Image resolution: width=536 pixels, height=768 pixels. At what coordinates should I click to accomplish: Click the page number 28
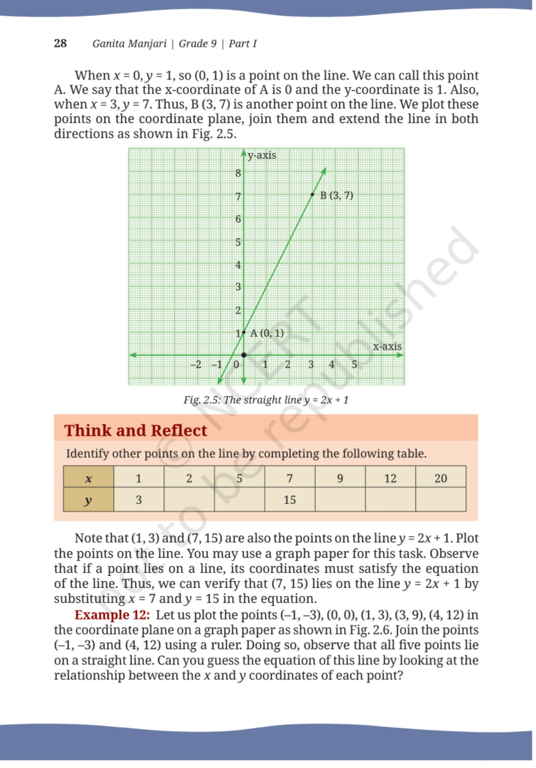coord(60,43)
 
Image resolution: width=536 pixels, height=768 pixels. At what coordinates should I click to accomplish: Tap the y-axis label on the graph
coord(262,155)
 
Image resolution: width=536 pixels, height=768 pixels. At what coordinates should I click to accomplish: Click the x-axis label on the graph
coord(387,346)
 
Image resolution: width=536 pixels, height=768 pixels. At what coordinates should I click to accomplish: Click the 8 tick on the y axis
coord(238,173)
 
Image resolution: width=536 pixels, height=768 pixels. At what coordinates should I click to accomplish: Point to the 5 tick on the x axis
coord(354,364)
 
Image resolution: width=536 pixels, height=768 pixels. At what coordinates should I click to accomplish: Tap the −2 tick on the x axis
coord(195,364)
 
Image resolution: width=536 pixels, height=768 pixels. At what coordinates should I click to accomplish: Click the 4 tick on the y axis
coord(238,265)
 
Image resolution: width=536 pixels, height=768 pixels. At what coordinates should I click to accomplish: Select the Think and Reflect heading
coord(136,430)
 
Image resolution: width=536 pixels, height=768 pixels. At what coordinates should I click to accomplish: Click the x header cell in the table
coord(88,478)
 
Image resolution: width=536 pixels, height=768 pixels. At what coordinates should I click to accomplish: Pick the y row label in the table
coord(88,500)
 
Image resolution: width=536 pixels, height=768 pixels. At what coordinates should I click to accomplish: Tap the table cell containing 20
coord(441,478)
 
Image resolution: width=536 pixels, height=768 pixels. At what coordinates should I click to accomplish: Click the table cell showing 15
coord(289,500)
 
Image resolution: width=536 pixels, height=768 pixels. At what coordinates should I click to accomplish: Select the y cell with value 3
coord(139,500)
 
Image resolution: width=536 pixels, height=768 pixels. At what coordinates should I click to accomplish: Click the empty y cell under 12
coord(390,500)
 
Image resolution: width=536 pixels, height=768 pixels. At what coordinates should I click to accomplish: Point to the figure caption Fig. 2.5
coord(266,400)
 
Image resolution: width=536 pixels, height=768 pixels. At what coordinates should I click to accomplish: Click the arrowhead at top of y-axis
coord(244,153)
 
